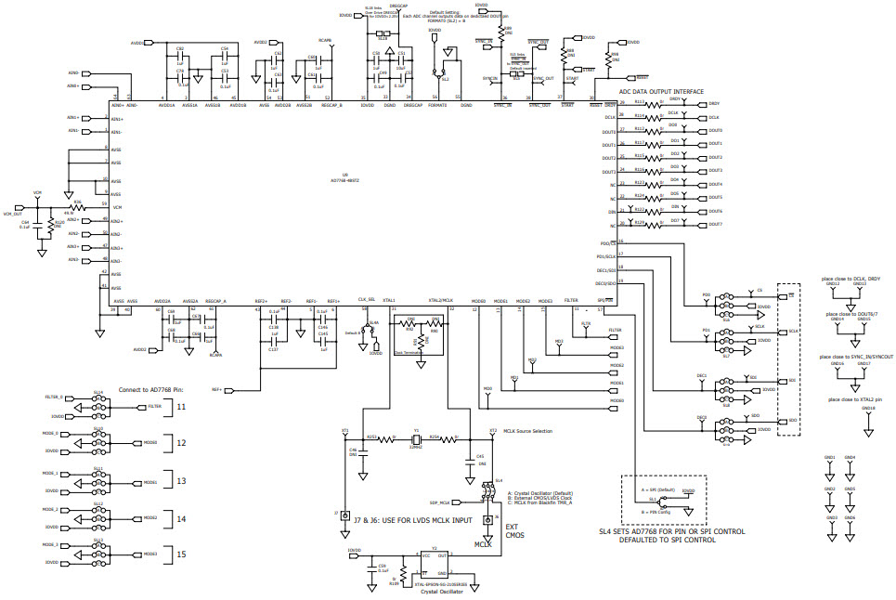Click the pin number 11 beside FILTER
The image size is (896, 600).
coord(182,407)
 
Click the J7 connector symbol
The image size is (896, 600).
coord(345,515)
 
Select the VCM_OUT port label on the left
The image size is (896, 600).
coord(12,214)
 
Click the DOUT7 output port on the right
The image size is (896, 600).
coord(714,225)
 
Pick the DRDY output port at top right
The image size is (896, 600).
coord(714,104)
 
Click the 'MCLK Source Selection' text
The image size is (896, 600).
coord(527,432)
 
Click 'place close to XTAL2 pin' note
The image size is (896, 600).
coord(852,399)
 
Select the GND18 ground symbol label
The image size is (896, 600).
coord(868,409)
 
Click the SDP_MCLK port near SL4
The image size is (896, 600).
coord(440,502)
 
